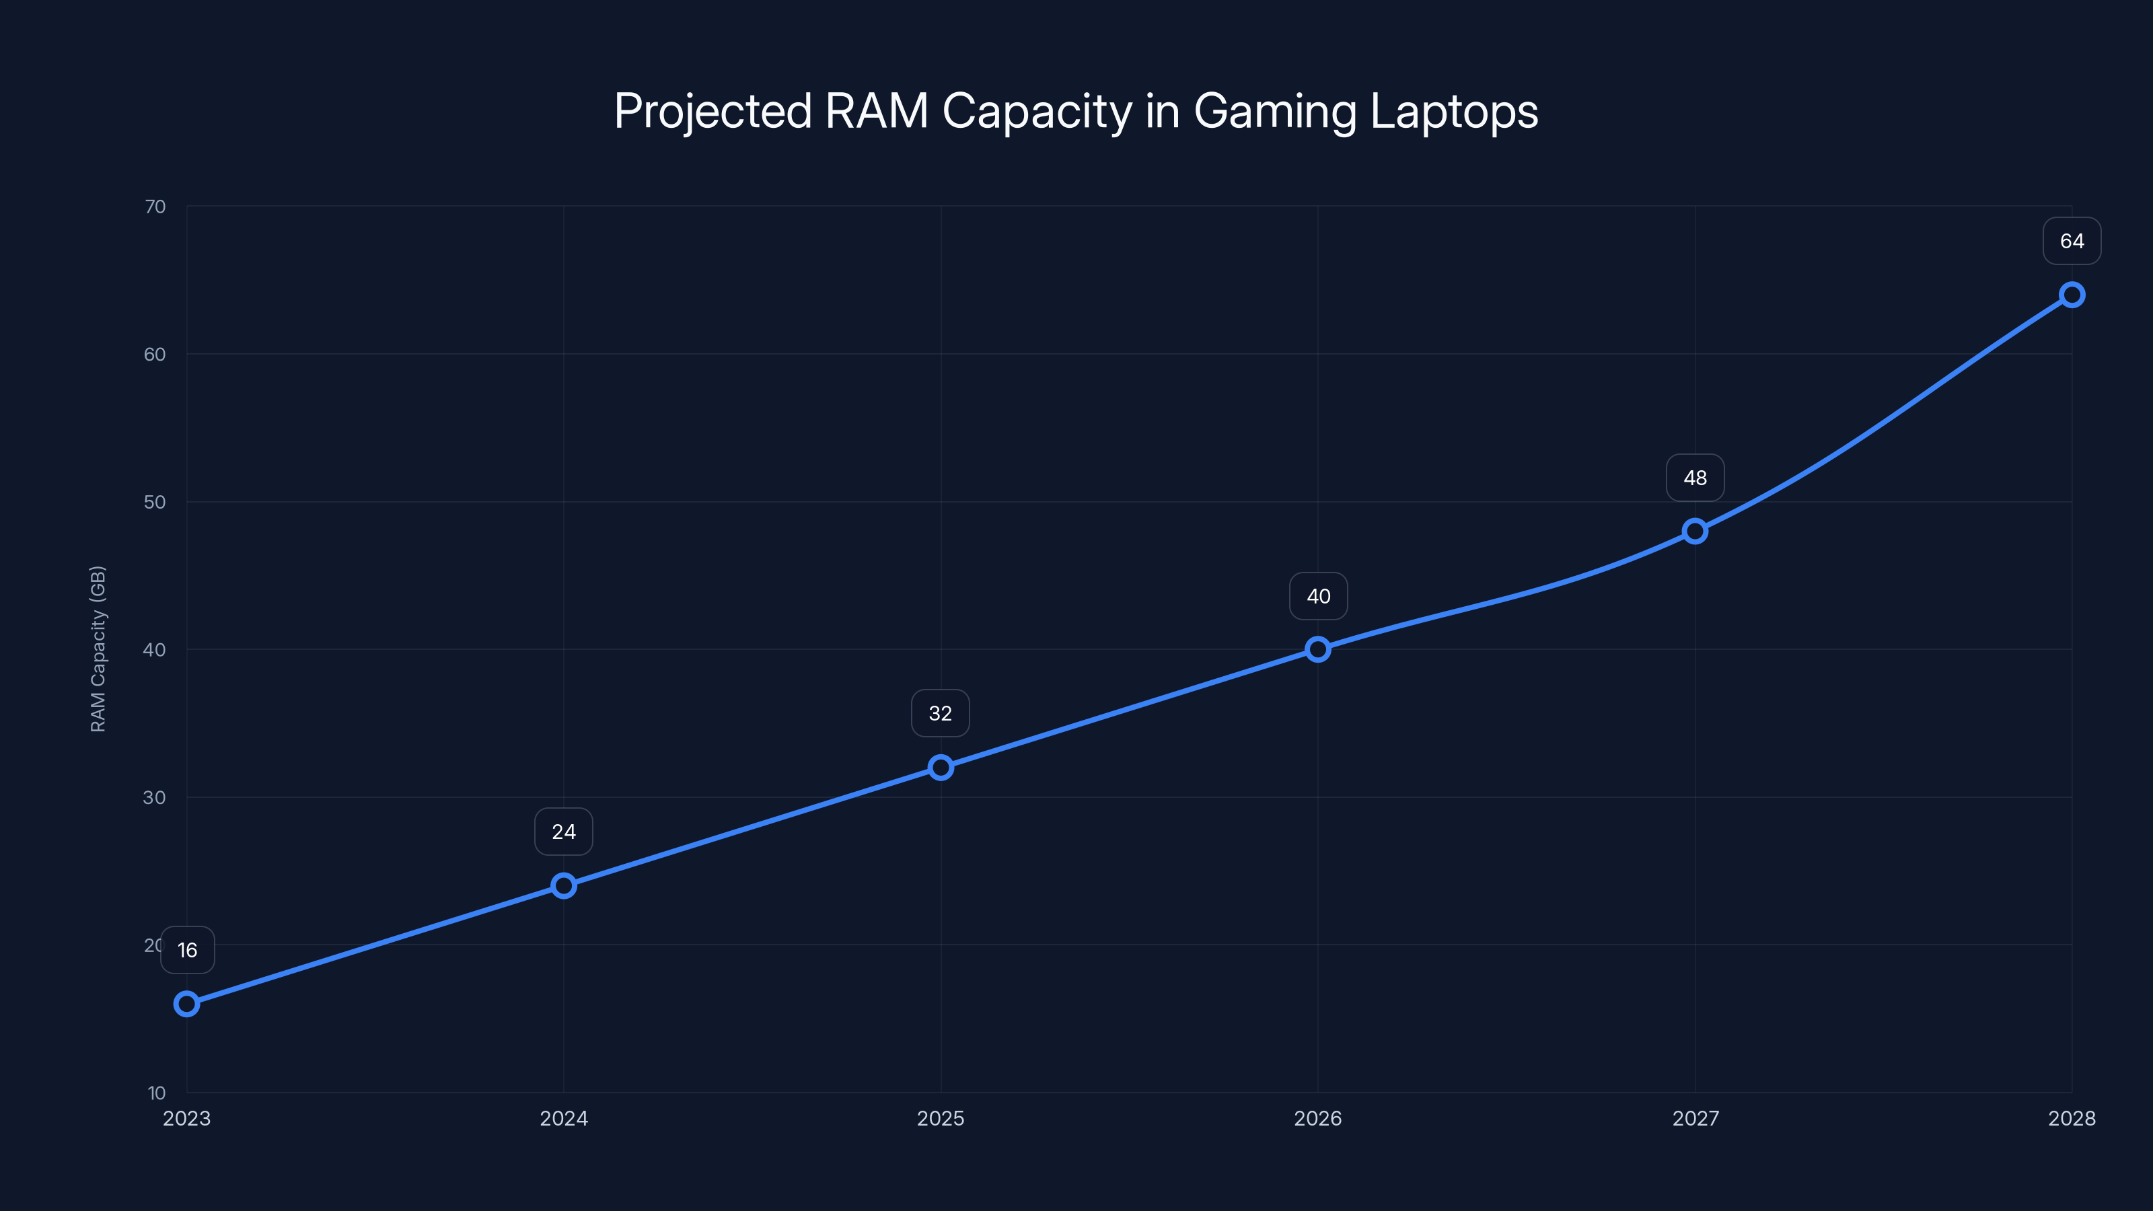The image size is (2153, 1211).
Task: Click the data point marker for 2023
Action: point(186,1004)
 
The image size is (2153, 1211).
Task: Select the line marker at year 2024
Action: point(563,885)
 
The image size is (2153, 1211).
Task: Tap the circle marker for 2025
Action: point(941,767)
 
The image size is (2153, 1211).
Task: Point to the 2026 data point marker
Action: point(1318,649)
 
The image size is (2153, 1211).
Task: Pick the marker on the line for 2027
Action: point(1695,531)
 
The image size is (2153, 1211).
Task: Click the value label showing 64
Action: point(2072,242)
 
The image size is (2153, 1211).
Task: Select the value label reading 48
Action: point(1695,478)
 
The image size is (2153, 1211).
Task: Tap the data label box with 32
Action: point(941,713)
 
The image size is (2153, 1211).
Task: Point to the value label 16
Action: point(187,950)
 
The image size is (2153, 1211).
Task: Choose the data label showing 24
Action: point(563,832)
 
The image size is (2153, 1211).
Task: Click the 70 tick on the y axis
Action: point(155,207)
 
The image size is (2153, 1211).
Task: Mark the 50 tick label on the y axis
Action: point(155,503)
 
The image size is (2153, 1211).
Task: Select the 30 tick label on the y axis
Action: point(155,797)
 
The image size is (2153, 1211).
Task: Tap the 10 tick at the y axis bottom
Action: point(157,1093)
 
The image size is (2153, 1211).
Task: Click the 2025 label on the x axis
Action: point(941,1118)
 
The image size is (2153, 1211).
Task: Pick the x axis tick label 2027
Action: point(1695,1118)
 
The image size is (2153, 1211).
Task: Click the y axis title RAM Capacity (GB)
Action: point(98,649)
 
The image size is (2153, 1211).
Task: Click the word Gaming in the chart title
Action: point(1276,112)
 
